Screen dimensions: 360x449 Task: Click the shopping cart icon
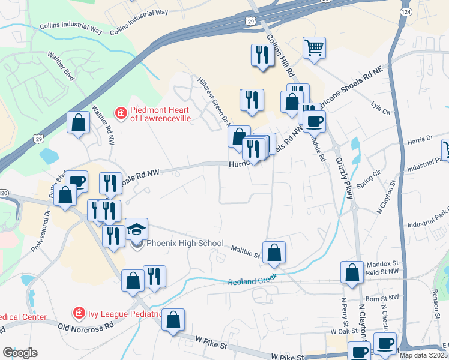(x=315, y=47)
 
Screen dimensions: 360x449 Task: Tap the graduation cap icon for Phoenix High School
(x=136, y=230)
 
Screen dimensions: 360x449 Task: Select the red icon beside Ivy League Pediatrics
(x=78, y=313)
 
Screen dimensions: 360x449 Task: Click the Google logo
(x=20, y=353)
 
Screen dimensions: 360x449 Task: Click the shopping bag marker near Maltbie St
(x=274, y=253)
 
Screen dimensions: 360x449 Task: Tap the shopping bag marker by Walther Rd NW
(x=78, y=123)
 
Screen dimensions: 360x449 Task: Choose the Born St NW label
(x=382, y=298)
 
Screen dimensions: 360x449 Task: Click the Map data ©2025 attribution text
(x=423, y=355)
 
